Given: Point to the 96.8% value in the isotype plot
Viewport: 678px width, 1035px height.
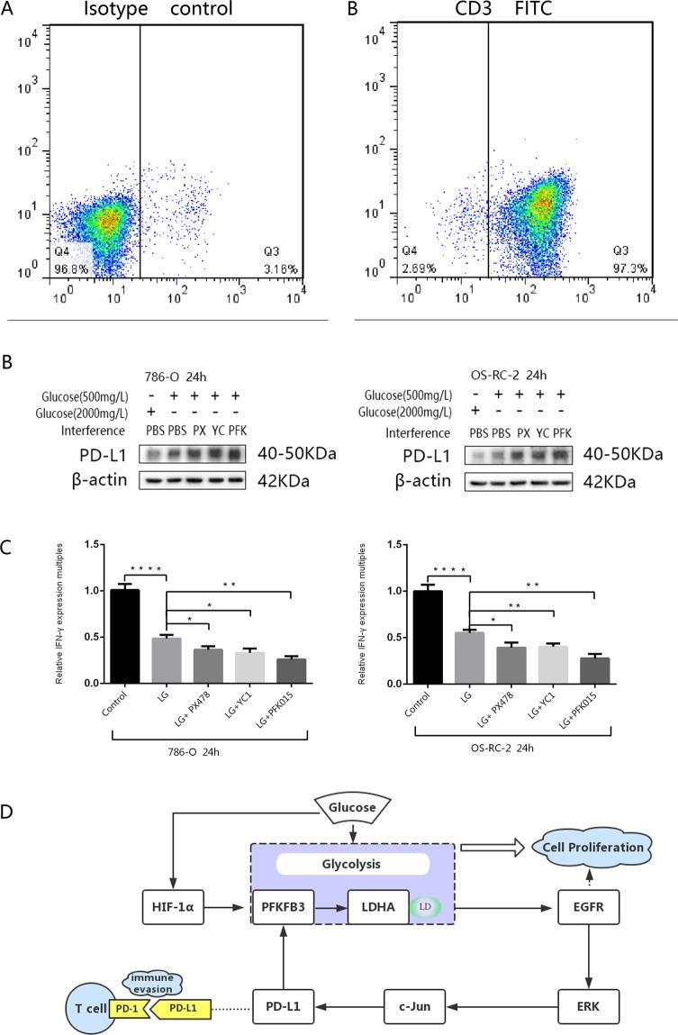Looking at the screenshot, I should pos(68,268).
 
